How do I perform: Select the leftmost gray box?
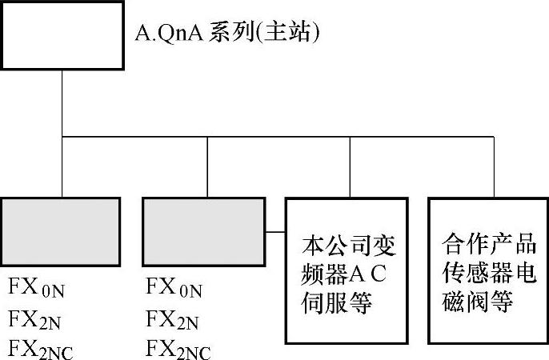click(x=61, y=231)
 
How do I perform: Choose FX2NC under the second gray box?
click(x=179, y=349)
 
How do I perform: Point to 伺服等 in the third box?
click(x=339, y=304)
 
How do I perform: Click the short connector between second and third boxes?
click(x=275, y=233)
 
